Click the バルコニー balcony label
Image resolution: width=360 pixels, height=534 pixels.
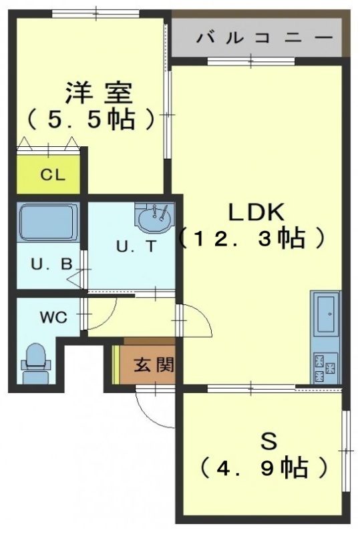[x=264, y=37]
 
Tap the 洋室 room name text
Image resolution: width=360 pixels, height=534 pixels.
[x=99, y=93]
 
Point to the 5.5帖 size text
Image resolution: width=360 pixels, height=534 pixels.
[x=91, y=119]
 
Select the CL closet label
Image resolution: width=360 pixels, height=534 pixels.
[x=53, y=175]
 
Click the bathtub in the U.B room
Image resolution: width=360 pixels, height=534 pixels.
[x=48, y=223]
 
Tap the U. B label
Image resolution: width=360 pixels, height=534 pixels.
[x=52, y=264]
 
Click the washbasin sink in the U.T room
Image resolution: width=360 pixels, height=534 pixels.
[x=154, y=218]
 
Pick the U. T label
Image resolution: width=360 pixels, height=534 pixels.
[x=136, y=246]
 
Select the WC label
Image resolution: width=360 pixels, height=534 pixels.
[x=53, y=318]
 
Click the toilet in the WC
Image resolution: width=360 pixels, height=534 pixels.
[x=36, y=364]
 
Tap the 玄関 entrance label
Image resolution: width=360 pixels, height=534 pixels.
[x=154, y=364]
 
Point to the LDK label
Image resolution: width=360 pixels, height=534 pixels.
[x=256, y=212]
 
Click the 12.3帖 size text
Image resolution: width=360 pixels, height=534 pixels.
[x=250, y=238]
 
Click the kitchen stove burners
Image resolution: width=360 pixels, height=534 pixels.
[x=325, y=368]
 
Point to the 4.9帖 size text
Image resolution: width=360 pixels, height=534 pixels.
[x=264, y=468]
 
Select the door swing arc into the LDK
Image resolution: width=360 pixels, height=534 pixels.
[x=203, y=314]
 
